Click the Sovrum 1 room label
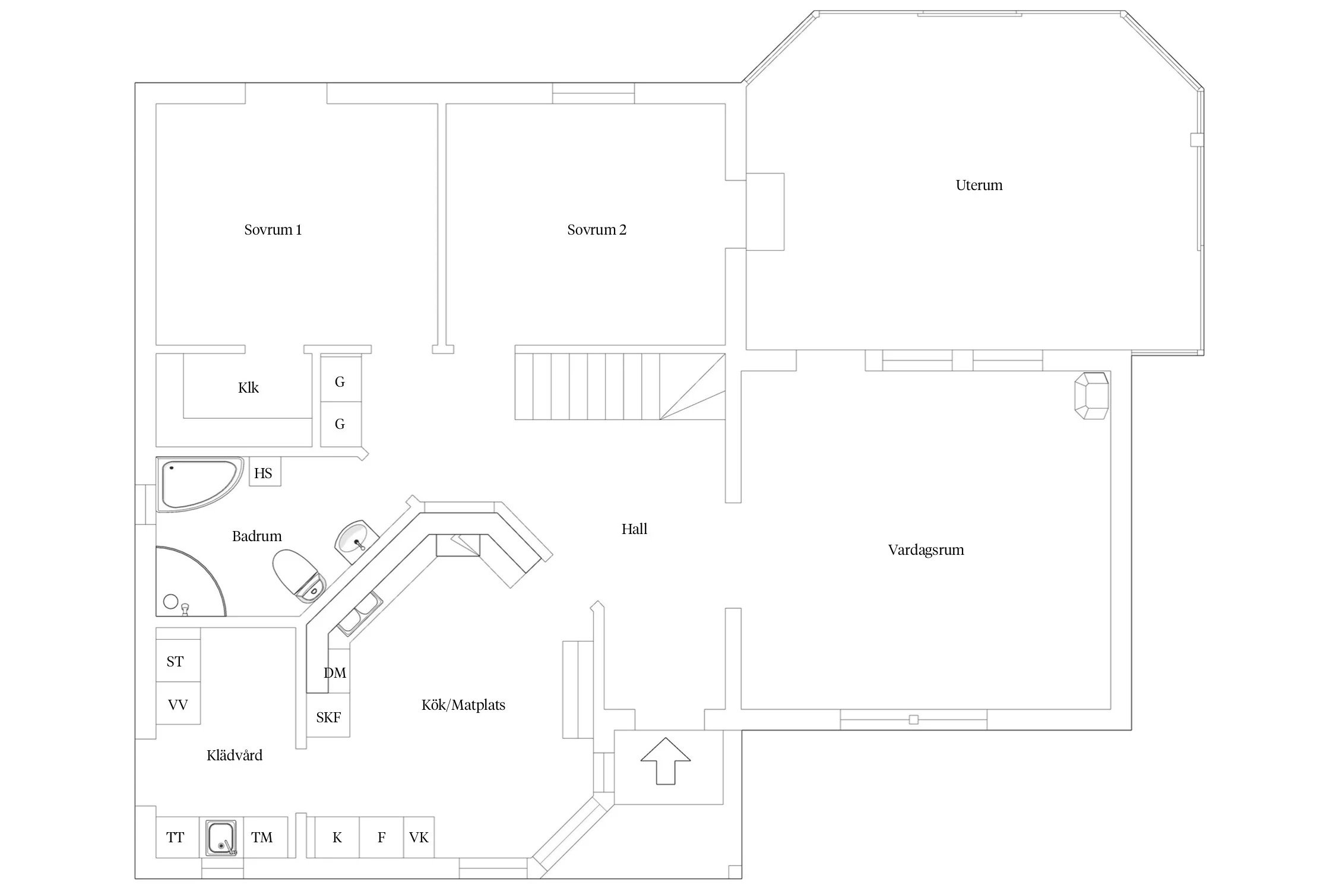click(x=273, y=230)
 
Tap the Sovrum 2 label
click(x=597, y=230)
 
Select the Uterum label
click(x=979, y=185)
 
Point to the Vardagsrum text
click(x=926, y=550)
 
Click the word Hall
click(x=634, y=529)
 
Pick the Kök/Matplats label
click(x=463, y=705)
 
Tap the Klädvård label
click(x=234, y=755)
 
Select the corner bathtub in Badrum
click(x=200, y=484)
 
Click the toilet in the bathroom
click(x=299, y=574)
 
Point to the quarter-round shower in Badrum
click(x=191, y=582)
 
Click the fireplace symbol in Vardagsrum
click(x=1091, y=396)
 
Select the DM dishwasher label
click(x=335, y=673)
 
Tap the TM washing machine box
click(x=265, y=838)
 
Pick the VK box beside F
click(x=419, y=838)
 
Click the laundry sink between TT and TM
click(x=221, y=838)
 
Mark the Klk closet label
click(x=248, y=388)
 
